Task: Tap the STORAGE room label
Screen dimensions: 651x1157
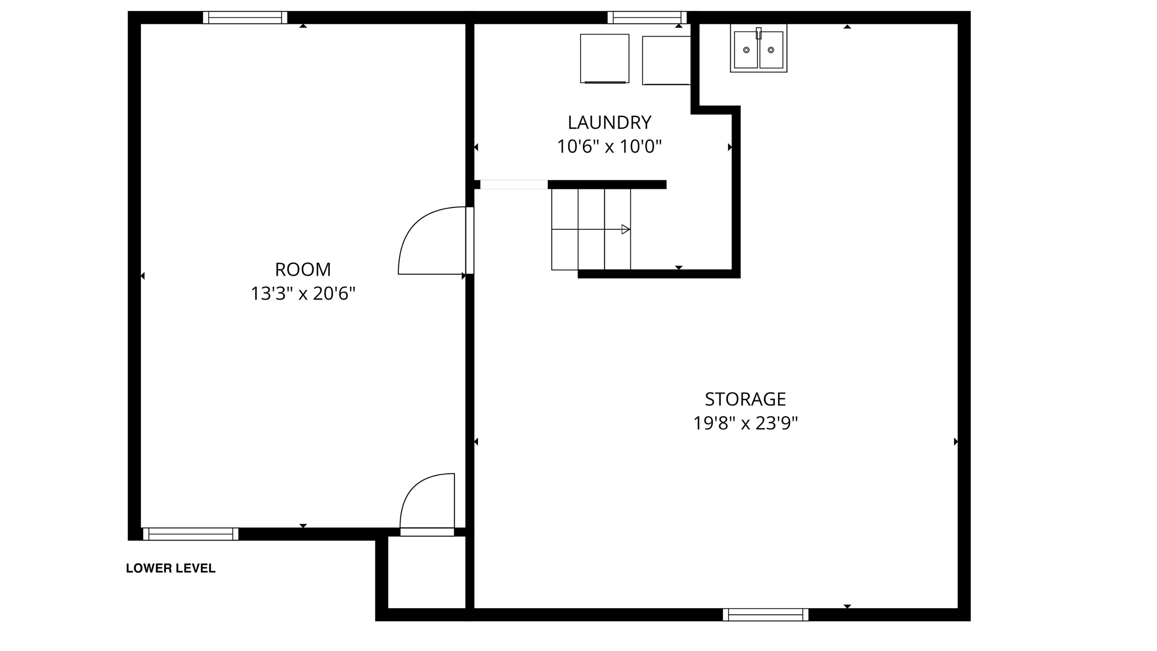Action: [x=745, y=399]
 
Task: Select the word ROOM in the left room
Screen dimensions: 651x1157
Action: [x=303, y=269]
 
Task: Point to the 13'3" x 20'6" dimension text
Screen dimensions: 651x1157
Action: [x=303, y=294]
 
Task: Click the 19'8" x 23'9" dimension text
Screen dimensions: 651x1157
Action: [x=745, y=423]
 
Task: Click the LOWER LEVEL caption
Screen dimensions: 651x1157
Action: [x=171, y=568]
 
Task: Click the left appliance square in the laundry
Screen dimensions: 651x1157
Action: [x=604, y=58]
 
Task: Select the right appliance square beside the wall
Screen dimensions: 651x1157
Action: [x=666, y=60]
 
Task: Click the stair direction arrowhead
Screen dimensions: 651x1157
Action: [x=625, y=230]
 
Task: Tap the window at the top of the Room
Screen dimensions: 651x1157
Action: [x=245, y=17]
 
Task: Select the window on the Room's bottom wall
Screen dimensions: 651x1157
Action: [x=191, y=534]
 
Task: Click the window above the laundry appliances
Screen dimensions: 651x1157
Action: [x=647, y=17]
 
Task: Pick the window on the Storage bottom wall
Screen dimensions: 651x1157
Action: [x=765, y=614]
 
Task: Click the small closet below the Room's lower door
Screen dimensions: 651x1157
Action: [x=426, y=573]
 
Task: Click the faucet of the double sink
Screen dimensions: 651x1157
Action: [x=759, y=33]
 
